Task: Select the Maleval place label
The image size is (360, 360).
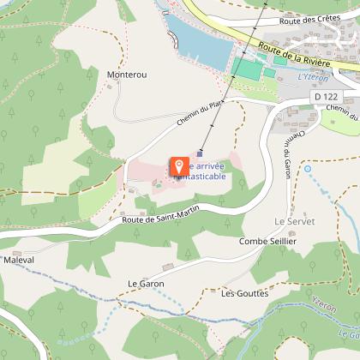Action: click(18, 259)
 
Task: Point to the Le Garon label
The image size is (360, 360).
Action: click(145, 283)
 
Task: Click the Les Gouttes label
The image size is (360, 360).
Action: click(239, 293)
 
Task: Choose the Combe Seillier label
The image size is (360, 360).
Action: click(267, 242)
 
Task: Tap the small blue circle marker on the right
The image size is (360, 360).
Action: click(308, 169)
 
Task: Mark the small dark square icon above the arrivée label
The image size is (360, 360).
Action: click(201, 154)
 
